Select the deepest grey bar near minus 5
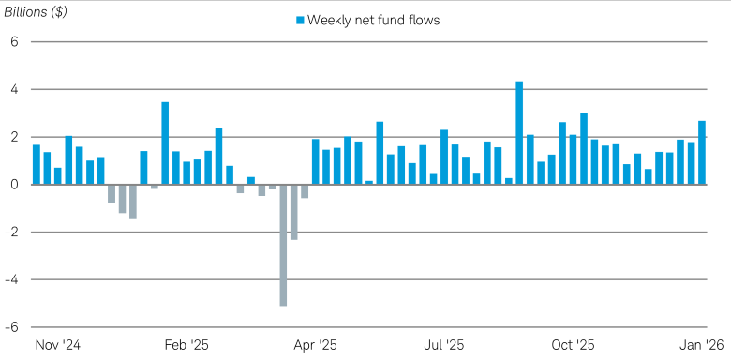(x=283, y=245)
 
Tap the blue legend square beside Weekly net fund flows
(x=301, y=20)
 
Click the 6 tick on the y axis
(x=14, y=42)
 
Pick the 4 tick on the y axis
(x=14, y=90)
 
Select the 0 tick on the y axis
(x=14, y=185)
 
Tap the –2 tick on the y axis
(x=11, y=232)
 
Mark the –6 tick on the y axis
(x=11, y=327)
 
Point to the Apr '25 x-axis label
(x=316, y=345)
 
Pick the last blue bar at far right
(x=702, y=153)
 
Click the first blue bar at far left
(x=37, y=165)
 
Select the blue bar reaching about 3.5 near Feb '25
(x=165, y=143)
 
